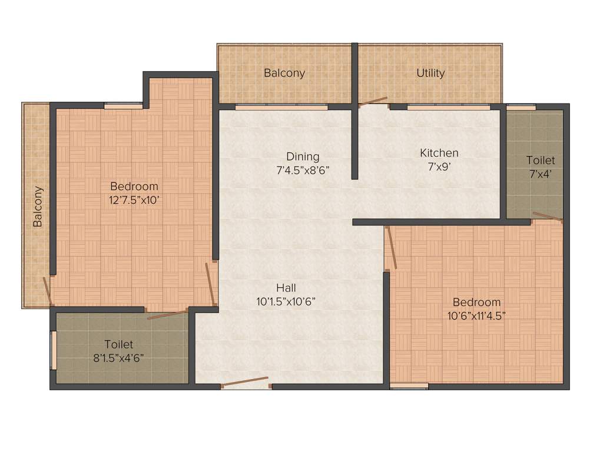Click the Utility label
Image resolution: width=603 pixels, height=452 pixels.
430,73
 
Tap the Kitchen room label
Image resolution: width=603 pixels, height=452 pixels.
439,153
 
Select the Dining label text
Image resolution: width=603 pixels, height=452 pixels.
303,157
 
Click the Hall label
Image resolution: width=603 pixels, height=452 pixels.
286,288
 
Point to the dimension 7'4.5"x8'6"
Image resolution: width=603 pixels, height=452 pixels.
303,170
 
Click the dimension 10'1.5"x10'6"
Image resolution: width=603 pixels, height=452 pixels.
286,301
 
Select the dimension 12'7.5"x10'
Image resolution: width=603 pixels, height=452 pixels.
134,200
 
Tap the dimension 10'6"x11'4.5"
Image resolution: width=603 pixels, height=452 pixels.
476,315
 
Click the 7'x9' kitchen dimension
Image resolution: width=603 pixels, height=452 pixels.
439,167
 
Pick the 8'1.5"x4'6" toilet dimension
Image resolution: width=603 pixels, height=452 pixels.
118,358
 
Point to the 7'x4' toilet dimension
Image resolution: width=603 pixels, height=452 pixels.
541,174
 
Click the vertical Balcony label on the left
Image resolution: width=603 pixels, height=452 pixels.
38,207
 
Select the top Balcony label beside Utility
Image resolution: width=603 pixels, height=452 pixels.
284,73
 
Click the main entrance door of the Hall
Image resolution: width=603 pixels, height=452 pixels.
245,383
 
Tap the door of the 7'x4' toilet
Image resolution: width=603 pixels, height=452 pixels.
546,217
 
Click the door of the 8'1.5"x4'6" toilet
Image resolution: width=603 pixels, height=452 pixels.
167,314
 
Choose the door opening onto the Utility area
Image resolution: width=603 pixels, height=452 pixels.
373,101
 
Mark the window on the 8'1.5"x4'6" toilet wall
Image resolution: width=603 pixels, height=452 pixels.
53,351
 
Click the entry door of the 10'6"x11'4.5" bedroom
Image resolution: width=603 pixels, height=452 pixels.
390,247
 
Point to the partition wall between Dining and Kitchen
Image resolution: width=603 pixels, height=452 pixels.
354,141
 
